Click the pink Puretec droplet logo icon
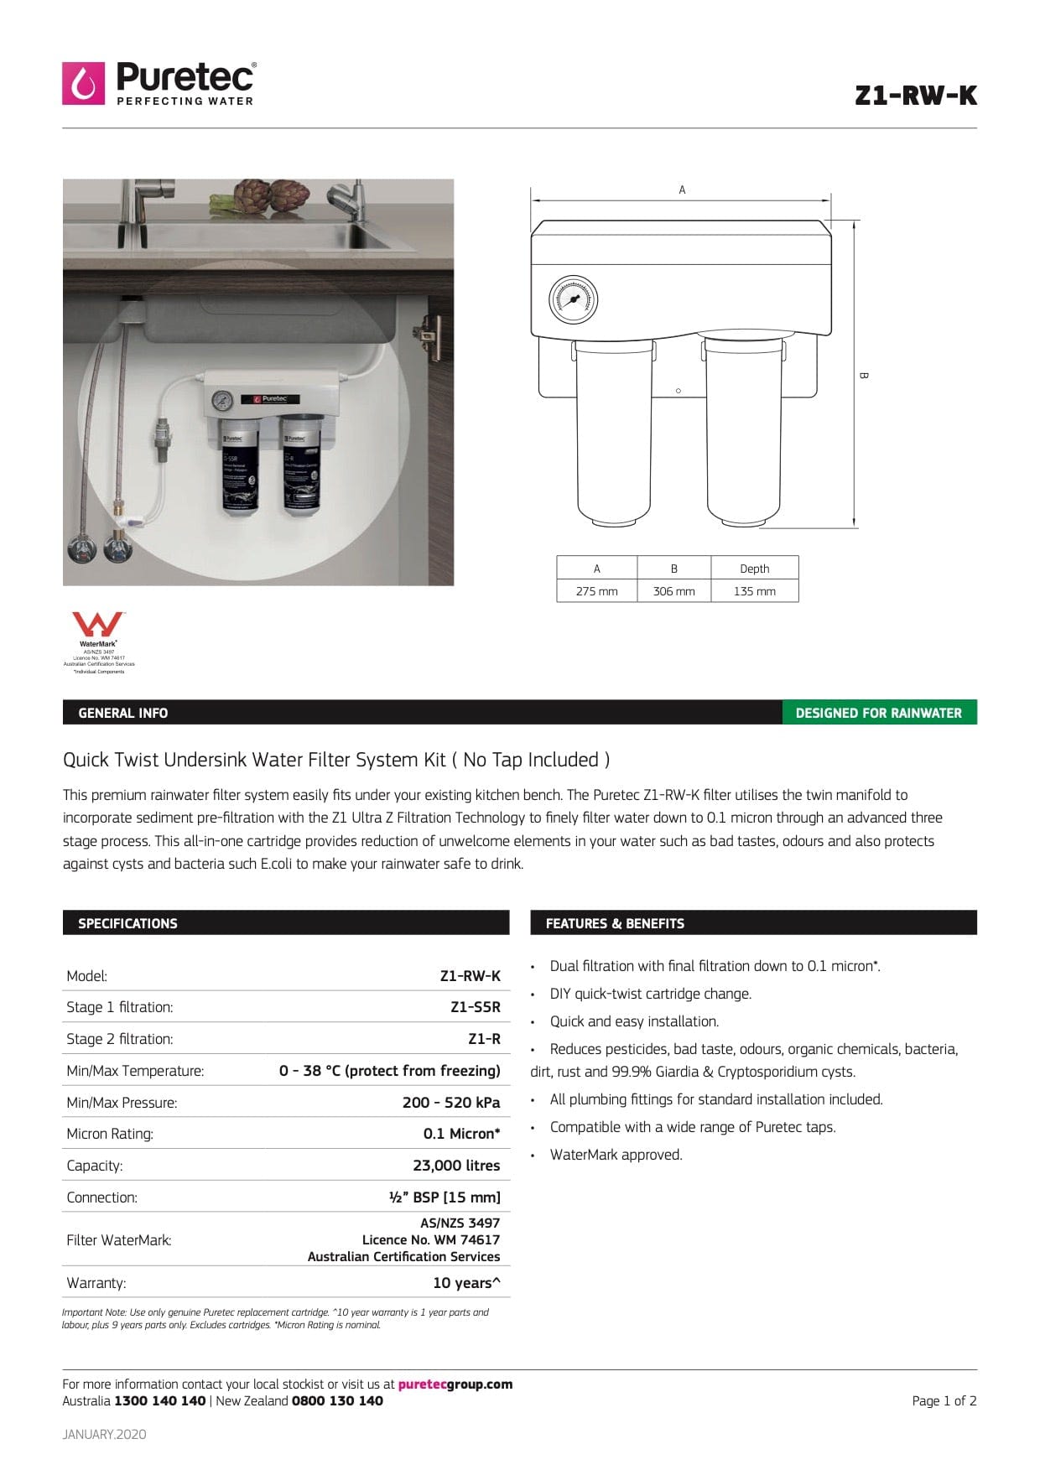[x=83, y=83]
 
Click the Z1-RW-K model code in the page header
[x=915, y=96]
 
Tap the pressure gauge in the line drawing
[x=574, y=299]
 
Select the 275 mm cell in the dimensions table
[x=596, y=591]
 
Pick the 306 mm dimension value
[x=673, y=591]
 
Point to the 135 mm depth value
[x=754, y=591]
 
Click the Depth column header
[x=754, y=569]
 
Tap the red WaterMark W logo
[x=98, y=625]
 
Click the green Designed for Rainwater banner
[x=878, y=713]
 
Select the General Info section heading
[x=122, y=713]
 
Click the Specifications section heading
[x=127, y=923]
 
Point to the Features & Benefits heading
[x=615, y=923]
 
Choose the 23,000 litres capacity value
[x=456, y=1166]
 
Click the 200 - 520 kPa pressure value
[x=451, y=1103]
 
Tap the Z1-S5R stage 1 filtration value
[x=475, y=1007]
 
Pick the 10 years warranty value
[x=466, y=1283]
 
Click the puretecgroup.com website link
[x=455, y=1384]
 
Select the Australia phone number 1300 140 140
[x=159, y=1400]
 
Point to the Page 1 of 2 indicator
[x=944, y=1400]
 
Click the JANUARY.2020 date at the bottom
[x=104, y=1434]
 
